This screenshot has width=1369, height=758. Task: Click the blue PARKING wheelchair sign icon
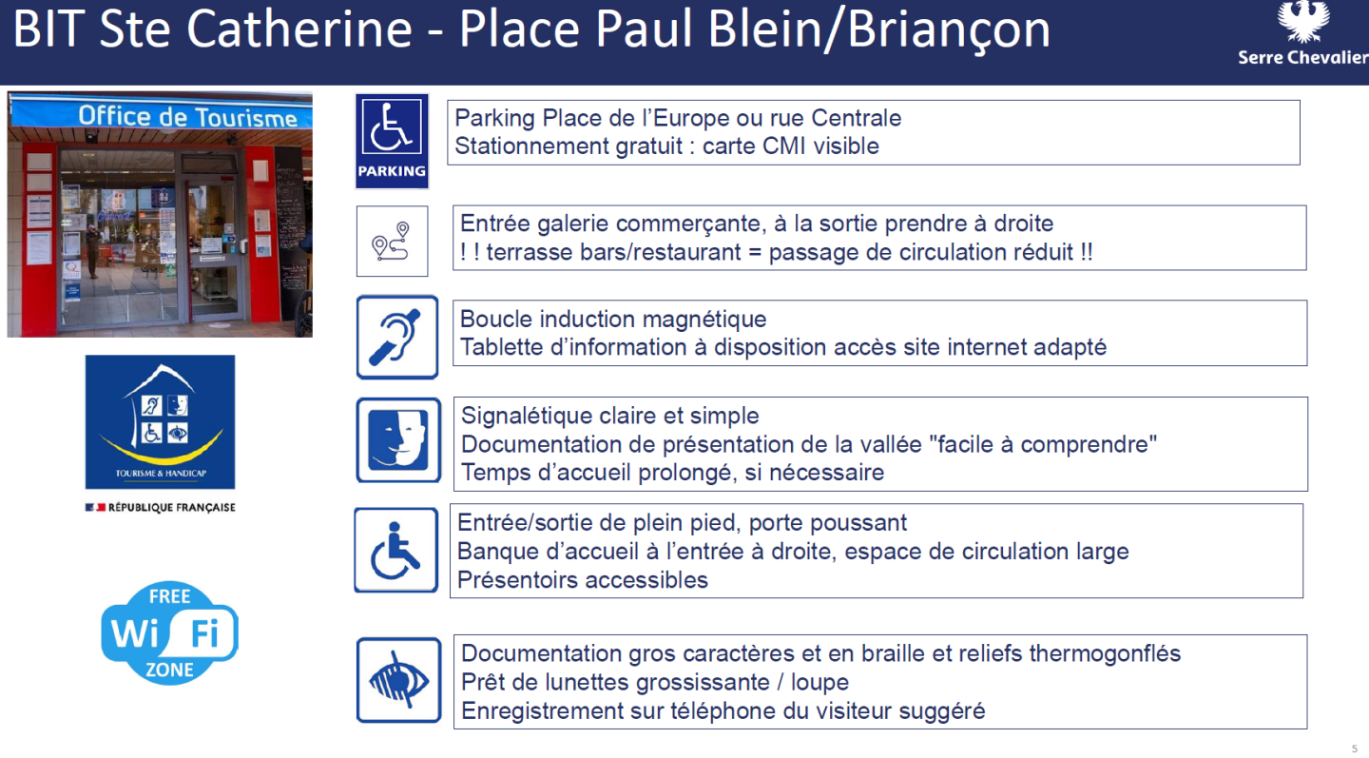tap(392, 141)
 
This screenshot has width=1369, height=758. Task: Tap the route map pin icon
tap(392, 242)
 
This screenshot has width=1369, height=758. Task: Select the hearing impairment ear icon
tap(397, 337)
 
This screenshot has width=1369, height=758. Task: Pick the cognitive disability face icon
tap(398, 440)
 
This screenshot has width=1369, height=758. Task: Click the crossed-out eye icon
tap(398, 680)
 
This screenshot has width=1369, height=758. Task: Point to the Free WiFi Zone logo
tap(169, 633)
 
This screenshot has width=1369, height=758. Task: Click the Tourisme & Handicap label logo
tap(160, 421)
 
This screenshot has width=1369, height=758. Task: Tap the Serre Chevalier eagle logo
tap(1302, 23)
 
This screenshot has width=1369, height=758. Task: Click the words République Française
tap(171, 508)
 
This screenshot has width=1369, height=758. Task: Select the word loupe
tap(819, 683)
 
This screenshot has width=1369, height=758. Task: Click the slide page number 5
tap(1355, 748)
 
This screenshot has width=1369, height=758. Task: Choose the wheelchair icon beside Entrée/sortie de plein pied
tap(396, 551)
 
